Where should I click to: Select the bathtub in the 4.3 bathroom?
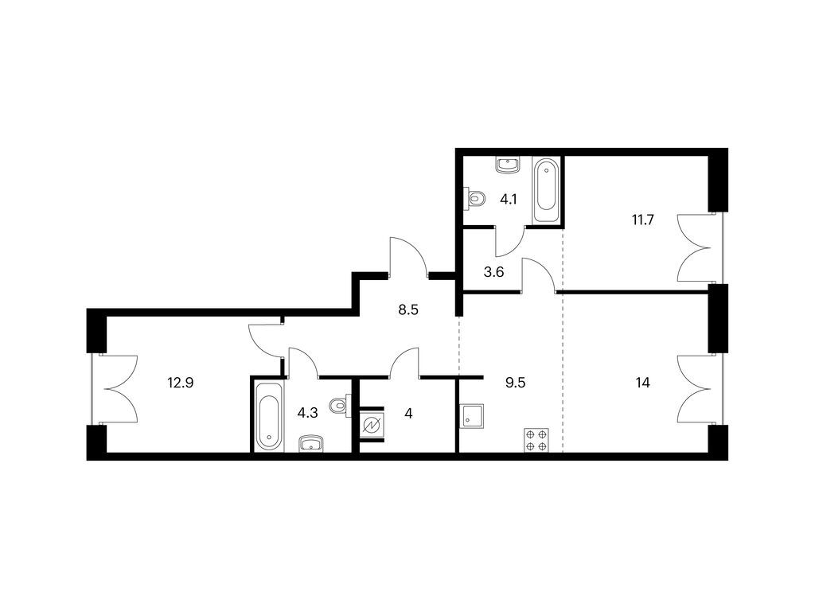[x=269, y=417]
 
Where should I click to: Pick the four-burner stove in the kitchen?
[x=536, y=439]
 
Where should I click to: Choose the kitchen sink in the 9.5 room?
[x=472, y=416]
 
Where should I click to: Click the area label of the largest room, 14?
[x=643, y=383]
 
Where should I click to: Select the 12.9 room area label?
[x=181, y=383]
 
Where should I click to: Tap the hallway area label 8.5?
[x=408, y=310]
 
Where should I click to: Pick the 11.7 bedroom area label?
[x=642, y=220]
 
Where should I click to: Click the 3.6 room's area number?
[x=493, y=272]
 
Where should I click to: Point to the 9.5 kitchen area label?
[x=516, y=383]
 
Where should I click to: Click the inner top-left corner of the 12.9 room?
[x=107, y=317]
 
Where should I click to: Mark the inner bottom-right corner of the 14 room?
[x=709, y=452]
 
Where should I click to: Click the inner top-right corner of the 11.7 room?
[x=709, y=157]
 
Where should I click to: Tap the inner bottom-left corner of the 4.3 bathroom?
[x=253, y=452]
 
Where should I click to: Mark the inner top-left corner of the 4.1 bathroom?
[x=464, y=157]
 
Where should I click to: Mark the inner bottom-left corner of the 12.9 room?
[x=107, y=452]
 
